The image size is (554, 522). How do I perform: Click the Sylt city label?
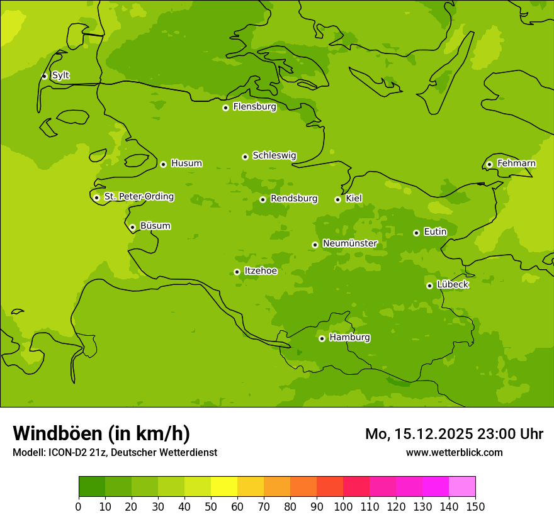[60, 75]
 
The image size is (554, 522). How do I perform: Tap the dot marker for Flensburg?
[225, 108]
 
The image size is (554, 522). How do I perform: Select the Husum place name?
[186, 164]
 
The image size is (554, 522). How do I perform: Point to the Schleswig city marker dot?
[245, 157]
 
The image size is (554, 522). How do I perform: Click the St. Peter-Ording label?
[139, 197]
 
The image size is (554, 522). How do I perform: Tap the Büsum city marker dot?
[132, 227]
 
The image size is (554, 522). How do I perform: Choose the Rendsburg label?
[294, 199]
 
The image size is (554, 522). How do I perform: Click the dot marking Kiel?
[337, 199]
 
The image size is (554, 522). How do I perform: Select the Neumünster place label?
[350, 243]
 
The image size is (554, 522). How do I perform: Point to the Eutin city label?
[435, 232]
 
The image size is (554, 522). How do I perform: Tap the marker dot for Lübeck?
[429, 286]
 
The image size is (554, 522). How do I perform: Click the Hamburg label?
[349, 338]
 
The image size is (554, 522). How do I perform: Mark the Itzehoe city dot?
[237, 272]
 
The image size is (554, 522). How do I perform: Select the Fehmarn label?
[516, 164]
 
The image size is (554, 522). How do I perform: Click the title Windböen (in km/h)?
[101, 433]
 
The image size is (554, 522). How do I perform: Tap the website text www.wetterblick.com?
[454, 452]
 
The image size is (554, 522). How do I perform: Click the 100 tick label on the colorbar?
[343, 506]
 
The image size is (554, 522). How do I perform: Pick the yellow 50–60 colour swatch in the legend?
[224, 487]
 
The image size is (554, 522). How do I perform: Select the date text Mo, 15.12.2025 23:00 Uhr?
[454, 434]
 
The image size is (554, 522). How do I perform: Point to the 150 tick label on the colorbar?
[475, 506]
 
